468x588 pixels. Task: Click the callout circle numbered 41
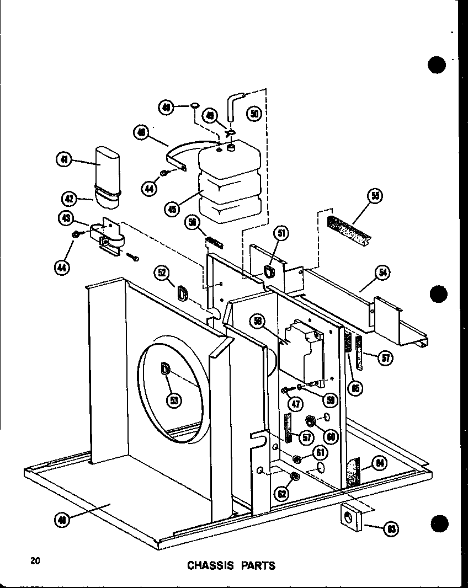[x=64, y=161]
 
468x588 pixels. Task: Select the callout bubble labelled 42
[x=69, y=197]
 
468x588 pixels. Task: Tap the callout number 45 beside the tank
[x=172, y=209]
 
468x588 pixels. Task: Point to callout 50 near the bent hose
[x=254, y=114]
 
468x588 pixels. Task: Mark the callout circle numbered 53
[x=174, y=400]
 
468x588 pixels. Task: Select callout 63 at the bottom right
[x=391, y=530]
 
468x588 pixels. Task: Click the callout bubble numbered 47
[x=296, y=403]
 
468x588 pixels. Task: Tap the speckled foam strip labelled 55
[x=348, y=228]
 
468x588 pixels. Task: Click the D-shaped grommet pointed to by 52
[x=182, y=292]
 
